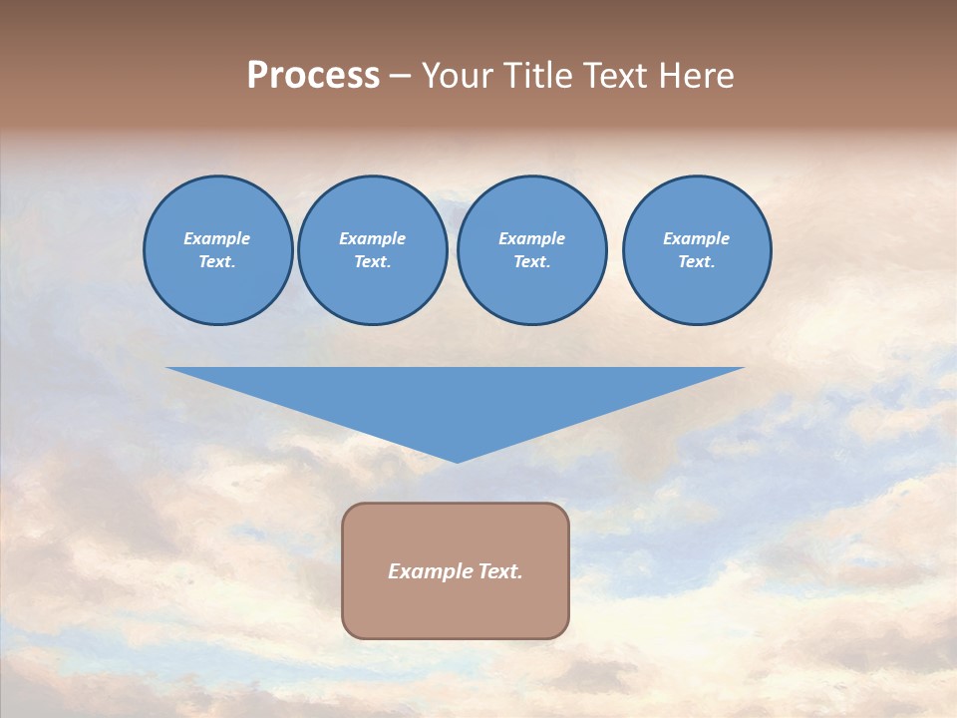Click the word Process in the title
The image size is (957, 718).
pos(313,76)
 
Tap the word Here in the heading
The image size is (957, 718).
pos(694,76)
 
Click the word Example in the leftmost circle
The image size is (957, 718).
pos(217,238)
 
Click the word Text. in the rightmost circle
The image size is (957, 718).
pos(697,261)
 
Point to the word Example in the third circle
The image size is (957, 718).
pos(531,238)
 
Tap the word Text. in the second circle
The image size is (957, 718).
pos(373,261)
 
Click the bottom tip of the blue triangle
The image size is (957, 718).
pos(457,460)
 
